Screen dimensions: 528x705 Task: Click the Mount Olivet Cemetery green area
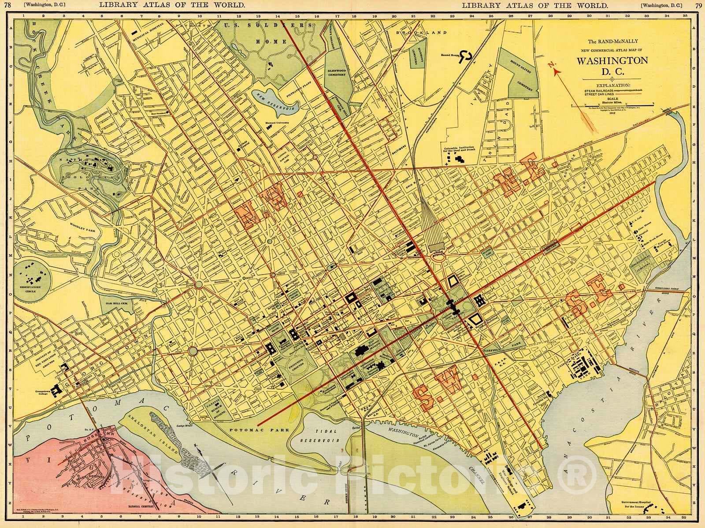coord(523,82)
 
